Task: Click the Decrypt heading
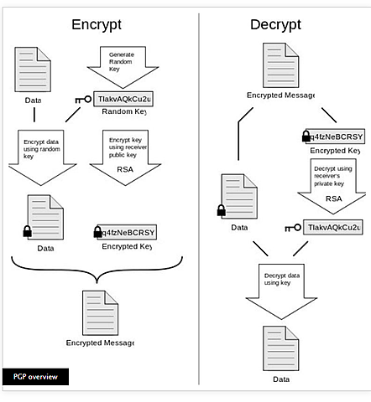[x=275, y=24]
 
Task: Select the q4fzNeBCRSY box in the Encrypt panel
[x=128, y=232]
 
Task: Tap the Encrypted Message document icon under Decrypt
[x=280, y=64]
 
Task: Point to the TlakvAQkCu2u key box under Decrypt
[x=333, y=227]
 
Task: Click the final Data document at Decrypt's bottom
[x=280, y=345]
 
